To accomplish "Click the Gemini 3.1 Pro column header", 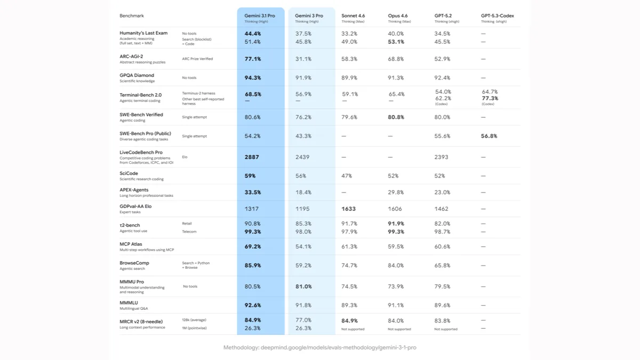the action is (x=260, y=15).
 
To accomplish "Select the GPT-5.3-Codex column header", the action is (x=498, y=15).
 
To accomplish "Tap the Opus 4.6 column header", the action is (x=398, y=15).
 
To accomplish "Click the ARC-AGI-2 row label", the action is (x=131, y=57).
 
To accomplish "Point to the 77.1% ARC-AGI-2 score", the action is (x=253, y=59).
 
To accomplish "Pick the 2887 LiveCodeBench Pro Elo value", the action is (x=252, y=157).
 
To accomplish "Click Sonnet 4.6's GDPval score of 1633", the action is (x=349, y=209).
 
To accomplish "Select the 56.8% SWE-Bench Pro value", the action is (x=489, y=136).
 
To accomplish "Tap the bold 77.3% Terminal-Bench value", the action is (x=490, y=98).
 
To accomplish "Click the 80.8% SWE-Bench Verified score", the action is (x=396, y=117).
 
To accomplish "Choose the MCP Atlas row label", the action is (x=131, y=244).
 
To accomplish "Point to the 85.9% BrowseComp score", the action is (x=253, y=266).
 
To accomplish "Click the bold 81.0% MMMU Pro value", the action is (x=303, y=286).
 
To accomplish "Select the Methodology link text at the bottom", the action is (x=319, y=347).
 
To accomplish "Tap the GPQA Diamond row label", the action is (x=137, y=75).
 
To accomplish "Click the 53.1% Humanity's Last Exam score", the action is (x=396, y=42).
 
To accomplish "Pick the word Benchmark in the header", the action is (x=131, y=15).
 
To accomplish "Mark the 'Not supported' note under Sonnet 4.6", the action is (x=353, y=329).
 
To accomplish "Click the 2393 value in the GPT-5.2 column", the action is (x=442, y=157).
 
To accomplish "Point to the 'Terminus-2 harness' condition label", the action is (x=198, y=93).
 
